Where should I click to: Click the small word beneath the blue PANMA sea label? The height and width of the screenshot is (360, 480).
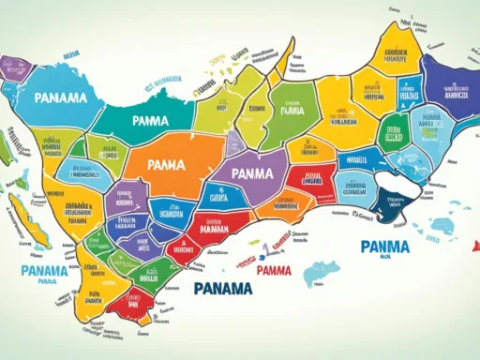386,262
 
